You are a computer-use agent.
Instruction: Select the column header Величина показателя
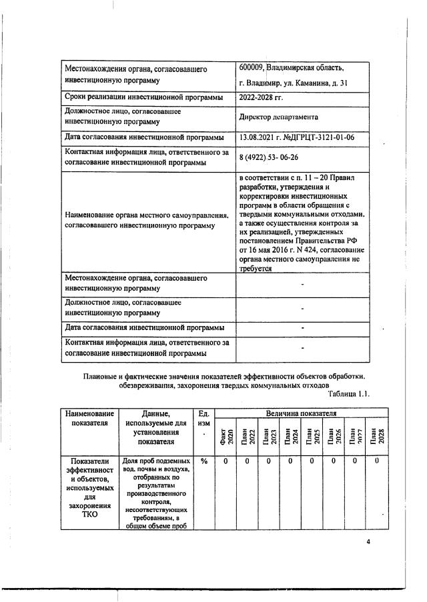(302, 414)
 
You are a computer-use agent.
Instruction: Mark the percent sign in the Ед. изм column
(203, 461)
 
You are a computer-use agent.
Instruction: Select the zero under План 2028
(377, 461)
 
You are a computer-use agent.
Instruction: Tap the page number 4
(368, 542)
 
